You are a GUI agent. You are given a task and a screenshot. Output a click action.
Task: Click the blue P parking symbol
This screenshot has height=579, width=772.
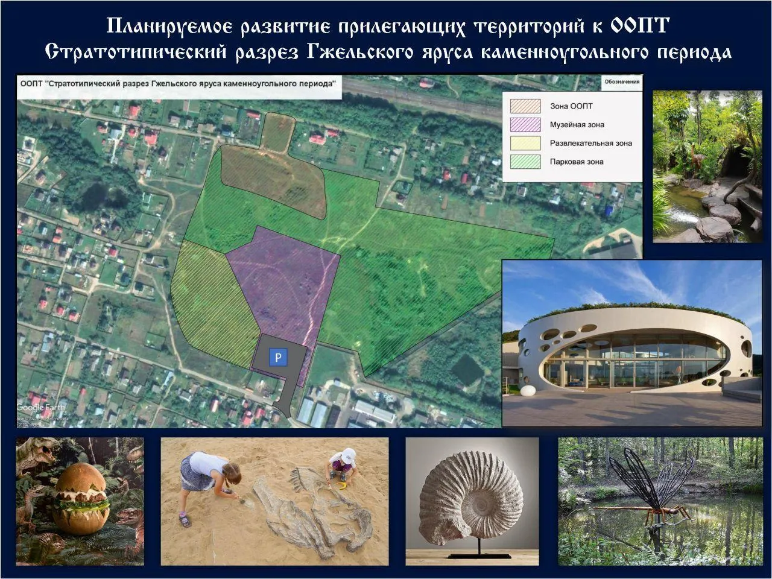(278, 357)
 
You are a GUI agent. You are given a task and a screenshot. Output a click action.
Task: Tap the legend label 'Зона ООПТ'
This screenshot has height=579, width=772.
(571, 106)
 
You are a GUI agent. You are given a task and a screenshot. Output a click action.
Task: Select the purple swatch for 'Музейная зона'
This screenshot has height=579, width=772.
(525, 124)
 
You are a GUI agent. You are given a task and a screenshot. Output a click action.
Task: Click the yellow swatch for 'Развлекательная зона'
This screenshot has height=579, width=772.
(525, 143)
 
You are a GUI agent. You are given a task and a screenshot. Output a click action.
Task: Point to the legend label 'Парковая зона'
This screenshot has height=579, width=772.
(577, 162)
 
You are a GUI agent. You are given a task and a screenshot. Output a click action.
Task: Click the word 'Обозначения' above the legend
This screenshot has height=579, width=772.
(622, 81)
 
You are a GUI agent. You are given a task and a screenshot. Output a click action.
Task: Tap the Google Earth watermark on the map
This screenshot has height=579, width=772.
(40, 408)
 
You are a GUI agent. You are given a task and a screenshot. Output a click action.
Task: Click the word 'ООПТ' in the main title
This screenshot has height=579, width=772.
(639, 25)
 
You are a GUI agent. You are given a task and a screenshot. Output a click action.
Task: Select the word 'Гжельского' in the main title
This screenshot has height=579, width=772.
(360, 52)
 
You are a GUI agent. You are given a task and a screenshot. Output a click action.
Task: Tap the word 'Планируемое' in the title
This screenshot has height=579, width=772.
(169, 27)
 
